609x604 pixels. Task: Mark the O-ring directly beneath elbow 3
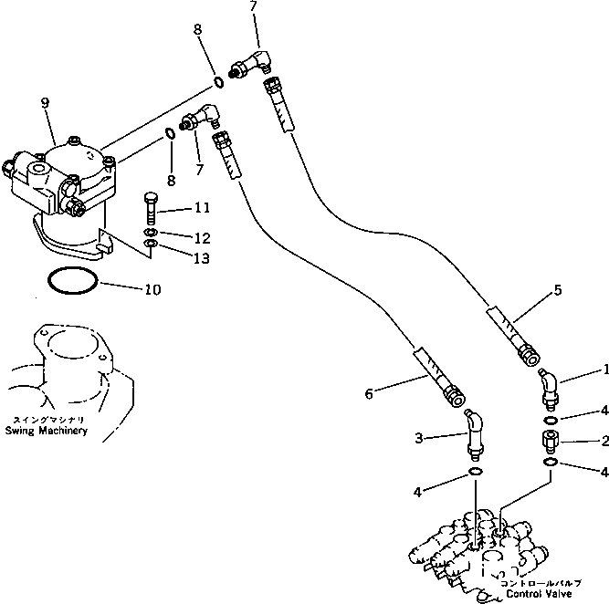coord(476,472)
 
